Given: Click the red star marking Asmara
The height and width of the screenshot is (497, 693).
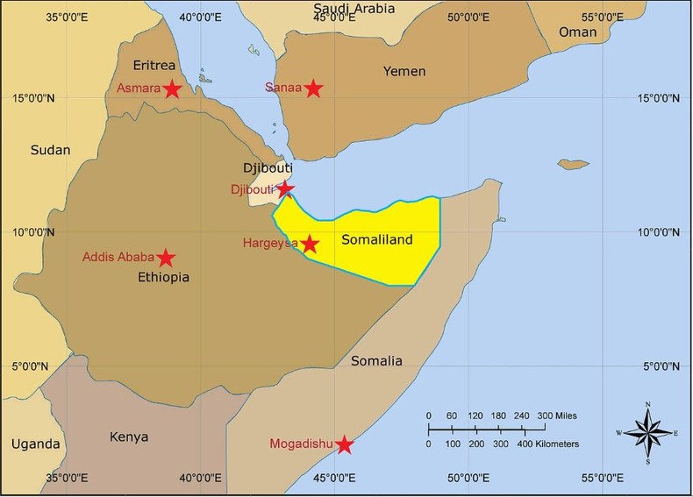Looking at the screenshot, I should pyautogui.click(x=172, y=89).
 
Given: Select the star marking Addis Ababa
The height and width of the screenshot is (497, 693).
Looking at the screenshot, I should pyautogui.click(x=166, y=258).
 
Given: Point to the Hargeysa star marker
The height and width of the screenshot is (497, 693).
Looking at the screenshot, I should pyautogui.click(x=310, y=244).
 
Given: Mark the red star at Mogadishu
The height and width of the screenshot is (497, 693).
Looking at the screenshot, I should pyautogui.click(x=345, y=445).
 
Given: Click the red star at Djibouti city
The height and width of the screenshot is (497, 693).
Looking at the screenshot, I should pyautogui.click(x=285, y=188).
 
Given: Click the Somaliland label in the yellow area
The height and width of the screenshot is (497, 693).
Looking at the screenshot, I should pyautogui.click(x=375, y=239).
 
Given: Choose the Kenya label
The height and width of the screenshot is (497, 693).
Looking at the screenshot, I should pyautogui.click(x=128, y=437).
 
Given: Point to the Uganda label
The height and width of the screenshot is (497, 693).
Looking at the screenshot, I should pyautogui.click(x=35, y=444).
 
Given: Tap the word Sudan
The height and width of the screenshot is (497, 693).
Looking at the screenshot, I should pyautogui.click(x=50, y=150).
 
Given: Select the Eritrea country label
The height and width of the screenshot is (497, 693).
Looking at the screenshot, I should pyautogui.click(x=154, y=66).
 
